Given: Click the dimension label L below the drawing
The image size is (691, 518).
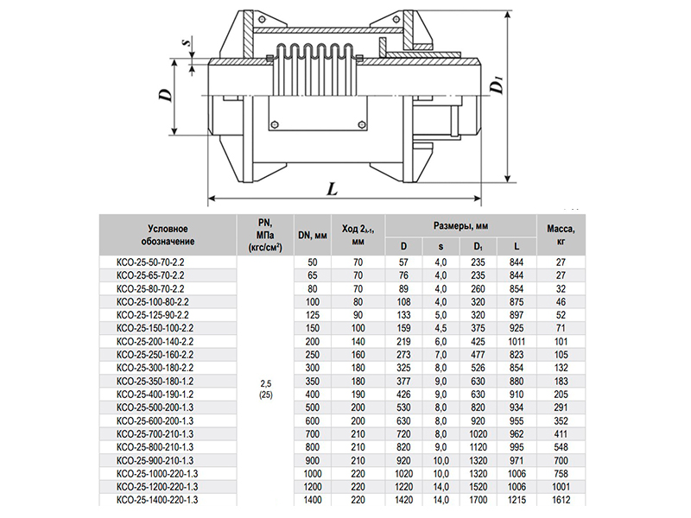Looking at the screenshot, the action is [x=333, y=189].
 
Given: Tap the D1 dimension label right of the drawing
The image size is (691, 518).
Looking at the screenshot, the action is [x=498, y=85].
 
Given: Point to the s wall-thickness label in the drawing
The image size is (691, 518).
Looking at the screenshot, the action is [x=187, y=42].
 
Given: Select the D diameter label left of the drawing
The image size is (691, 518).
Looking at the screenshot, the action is [x=166, y=95].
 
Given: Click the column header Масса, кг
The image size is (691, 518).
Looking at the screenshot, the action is [x=561, y=235].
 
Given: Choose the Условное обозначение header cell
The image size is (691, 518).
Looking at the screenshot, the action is [x=168, y=235].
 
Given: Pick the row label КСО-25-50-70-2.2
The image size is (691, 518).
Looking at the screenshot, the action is [x=150, y=262].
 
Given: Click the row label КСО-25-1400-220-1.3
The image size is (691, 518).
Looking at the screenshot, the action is [x=157, y=500].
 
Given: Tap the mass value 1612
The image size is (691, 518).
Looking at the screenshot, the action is [x=561, y=500].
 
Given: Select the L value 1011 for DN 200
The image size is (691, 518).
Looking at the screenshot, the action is [x=516, y=341].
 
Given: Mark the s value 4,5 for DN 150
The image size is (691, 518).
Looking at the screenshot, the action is [x=441, y=328].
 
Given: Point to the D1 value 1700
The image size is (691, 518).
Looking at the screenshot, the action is [x=478, y=500].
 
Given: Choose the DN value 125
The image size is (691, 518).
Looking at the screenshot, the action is [x=313, y=315].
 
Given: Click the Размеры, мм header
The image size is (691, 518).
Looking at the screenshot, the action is [x=460, y=226].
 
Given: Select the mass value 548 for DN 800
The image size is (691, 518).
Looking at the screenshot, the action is [x=561, y=447].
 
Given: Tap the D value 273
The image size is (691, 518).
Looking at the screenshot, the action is [x=403, y=355].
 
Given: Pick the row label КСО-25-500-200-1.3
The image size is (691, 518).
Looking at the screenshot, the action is [x=155, y=407].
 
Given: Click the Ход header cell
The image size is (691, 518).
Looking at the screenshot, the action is [x=358, y=235].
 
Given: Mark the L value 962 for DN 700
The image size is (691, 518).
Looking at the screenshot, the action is [x=516, y=434].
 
